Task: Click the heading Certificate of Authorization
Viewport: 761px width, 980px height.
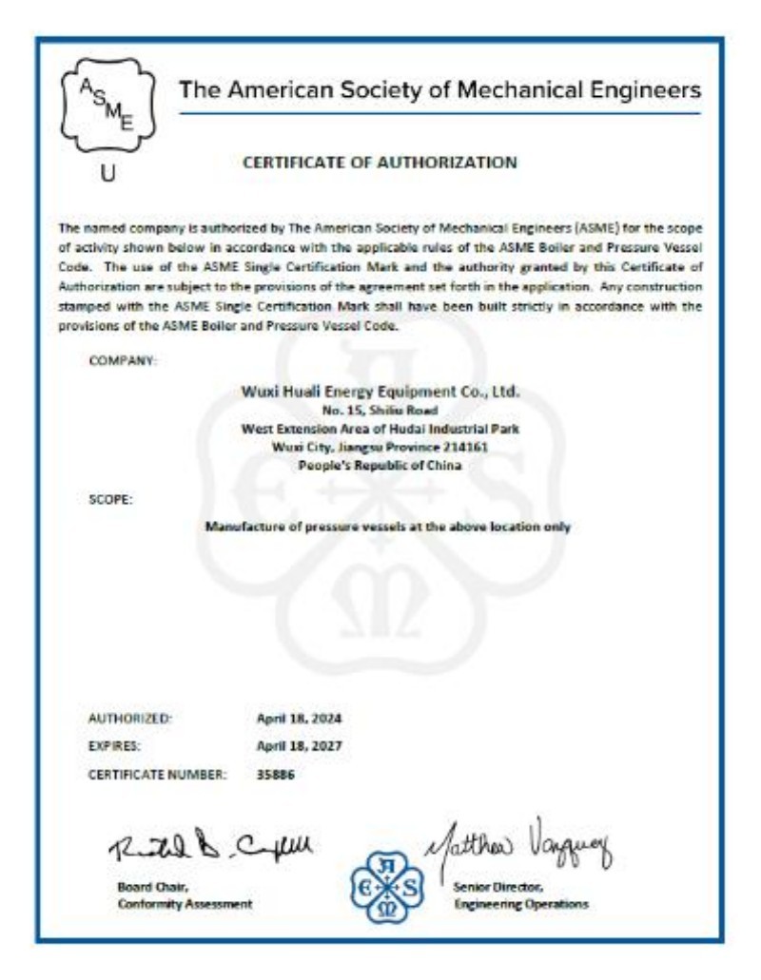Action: click(380, 163)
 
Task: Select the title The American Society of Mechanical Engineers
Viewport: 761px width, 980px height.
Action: click(440, 91)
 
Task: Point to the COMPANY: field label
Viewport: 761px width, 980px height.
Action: click(123, 361)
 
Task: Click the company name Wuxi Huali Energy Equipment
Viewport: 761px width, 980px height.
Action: click(380, 392)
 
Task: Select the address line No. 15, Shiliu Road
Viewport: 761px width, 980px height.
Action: click(380, 411)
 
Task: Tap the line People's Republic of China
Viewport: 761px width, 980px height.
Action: click(380, 466)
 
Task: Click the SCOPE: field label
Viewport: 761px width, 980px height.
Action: click(110, 498)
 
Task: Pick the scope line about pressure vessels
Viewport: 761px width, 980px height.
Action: click(387, 527)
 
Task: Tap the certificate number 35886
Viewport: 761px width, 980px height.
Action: click(276, 774)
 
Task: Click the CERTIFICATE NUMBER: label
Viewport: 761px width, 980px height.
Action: click(157, 774)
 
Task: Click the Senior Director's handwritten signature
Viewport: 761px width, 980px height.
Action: click(518, 841)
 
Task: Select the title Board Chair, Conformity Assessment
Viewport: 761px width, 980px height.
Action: click(185, 895)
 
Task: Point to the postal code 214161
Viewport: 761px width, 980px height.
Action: click(468, 448)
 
